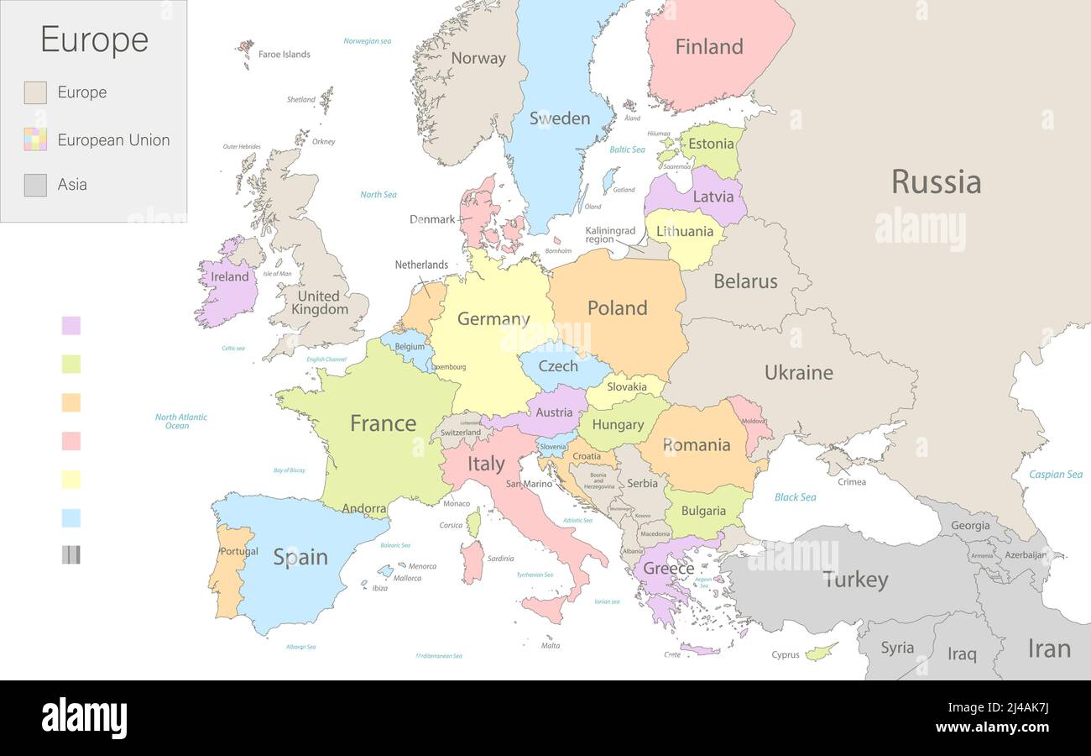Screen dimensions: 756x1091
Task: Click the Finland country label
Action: tap(709, 47)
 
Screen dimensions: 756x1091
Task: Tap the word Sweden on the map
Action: tap(559, 118)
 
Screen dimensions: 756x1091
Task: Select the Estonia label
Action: tap(711, 144)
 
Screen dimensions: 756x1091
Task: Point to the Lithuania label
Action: tap(685, 231)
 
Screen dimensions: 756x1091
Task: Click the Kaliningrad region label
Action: tap(610, 235)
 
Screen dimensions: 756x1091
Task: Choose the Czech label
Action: tap(558, 366)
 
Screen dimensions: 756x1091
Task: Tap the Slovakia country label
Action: tap(627, 387)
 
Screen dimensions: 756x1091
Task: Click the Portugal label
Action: tap(238, 552)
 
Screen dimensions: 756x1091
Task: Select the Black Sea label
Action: tap(795, 497)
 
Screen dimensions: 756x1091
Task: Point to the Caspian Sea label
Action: tap(1055, 475)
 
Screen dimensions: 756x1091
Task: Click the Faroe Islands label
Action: tap(284, 55)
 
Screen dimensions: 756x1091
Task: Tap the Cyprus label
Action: tap(786, 655)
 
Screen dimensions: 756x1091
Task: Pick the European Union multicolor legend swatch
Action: tap(35, 139)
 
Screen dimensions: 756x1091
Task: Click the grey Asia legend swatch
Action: tap(35, 185)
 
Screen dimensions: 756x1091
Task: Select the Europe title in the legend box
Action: tap(94, 39)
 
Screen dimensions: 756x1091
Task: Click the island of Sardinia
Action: tap(472, 561)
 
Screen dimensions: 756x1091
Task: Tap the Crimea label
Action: tap(851, 482)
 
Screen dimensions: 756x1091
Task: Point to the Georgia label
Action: tap(970, 526)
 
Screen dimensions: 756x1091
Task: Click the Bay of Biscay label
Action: tap(289, 470)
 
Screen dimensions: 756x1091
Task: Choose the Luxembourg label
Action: tap(450, 367)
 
